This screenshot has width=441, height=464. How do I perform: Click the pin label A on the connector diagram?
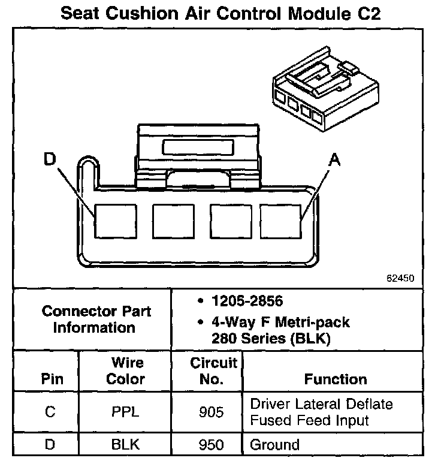(x=335, y=159)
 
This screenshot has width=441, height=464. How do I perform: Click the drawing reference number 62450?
(x=400, y=279)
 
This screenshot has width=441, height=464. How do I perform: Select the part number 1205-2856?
(x=246, y=300)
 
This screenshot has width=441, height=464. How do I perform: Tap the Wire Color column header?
(x=126, y=371)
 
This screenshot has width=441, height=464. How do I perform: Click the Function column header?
(x=336, y=379)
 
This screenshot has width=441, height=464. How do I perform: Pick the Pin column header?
(x=51, y=379)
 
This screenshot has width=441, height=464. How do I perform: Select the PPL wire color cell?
(x=126, y=412)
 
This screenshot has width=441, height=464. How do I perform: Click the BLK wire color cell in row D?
(x=126, y=445)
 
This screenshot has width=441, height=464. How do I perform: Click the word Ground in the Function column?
(x=274, y=445)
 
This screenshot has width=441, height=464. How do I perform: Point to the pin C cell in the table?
(x=51, y=412)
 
